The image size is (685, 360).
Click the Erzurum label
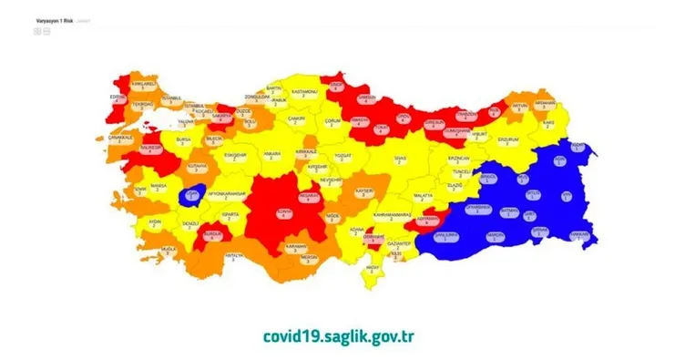pos(508,141)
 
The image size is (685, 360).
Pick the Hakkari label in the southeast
pos(577,234)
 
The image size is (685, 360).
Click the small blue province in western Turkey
pos(194,194)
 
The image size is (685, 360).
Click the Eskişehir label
pos(236,156)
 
